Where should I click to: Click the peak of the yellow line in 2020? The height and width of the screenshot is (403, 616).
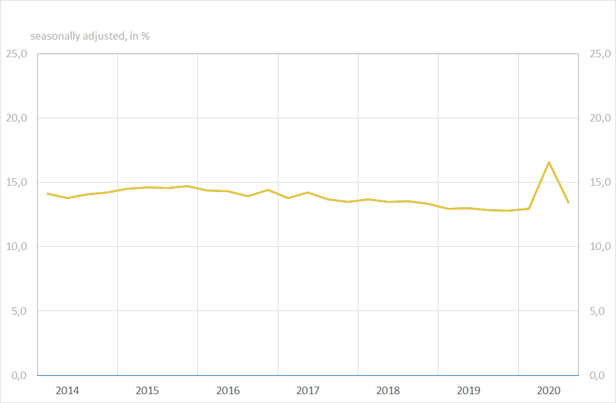(x=549, y=162)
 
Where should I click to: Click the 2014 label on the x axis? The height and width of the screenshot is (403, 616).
(x=67, y=390)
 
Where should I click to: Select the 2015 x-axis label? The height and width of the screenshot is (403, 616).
(x=147, y=390)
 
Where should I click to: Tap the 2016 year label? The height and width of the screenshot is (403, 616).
(x=228, y=390)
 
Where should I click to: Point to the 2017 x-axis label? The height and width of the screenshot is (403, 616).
(x=308, y=390)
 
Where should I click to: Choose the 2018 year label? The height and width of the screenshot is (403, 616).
(x=388, y=390)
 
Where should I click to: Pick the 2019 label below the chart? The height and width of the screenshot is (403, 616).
(x=469, y=390)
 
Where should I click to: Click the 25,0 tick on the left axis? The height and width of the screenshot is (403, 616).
(x=16, y=54)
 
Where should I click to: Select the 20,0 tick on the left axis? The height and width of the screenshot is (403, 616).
(x=16, y=118)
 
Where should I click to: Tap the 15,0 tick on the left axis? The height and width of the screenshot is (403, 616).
(x=16, y=183)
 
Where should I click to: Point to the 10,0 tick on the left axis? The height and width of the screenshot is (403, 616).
(x=16, y=247)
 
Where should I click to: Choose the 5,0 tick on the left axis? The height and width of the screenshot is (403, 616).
(x=18, y=311)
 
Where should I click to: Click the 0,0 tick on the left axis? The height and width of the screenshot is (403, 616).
(x=18, y=375)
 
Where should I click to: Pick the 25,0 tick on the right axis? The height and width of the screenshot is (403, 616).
(x=600, y=54)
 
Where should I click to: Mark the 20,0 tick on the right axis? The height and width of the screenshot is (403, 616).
(x=600, y=118)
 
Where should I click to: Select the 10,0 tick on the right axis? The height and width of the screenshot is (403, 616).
(x=600, y=247)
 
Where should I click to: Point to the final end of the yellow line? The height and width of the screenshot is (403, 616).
(x=568, y=202)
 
